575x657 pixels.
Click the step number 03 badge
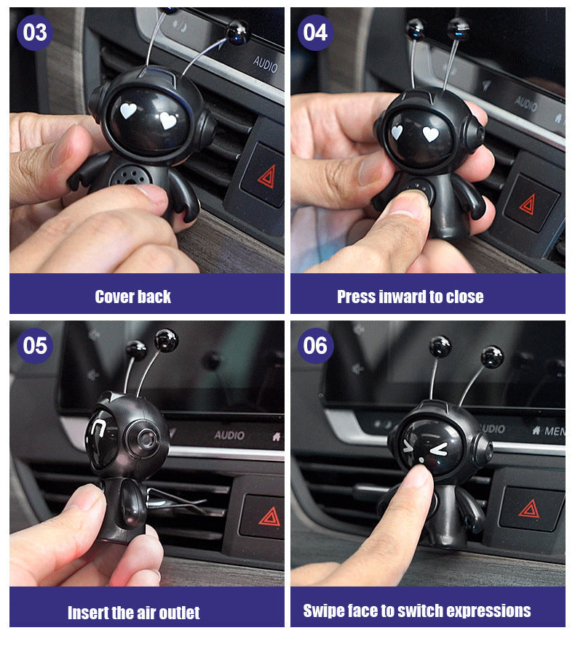coord(35,32)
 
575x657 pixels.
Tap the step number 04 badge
coord(316,32)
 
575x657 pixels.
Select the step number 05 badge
coord(35,346)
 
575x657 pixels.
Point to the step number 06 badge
coord(316,346)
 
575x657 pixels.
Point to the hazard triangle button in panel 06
coord(531,509)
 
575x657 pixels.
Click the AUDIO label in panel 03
coord(265,65)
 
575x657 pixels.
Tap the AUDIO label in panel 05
coord(229,435)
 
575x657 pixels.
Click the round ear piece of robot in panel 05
coord(144,439)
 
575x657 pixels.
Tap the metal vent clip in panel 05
coord(176,501)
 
